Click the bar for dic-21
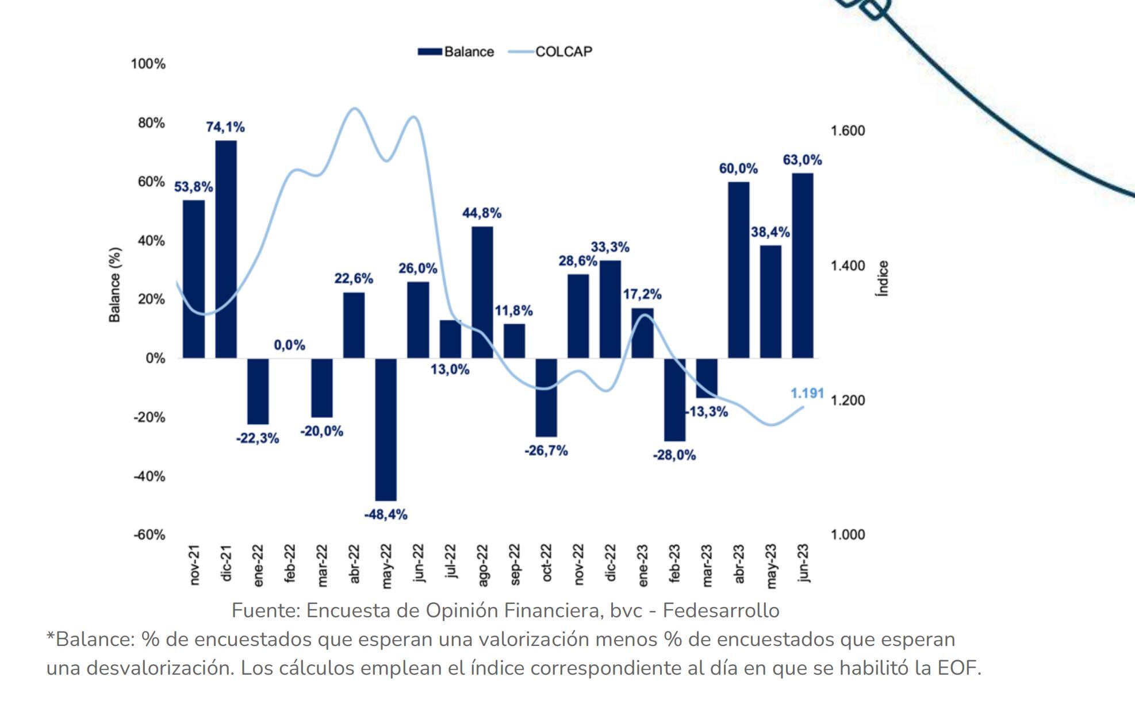[x=226, y=249]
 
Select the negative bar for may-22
[x=386, y=429]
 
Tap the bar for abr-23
[x=738, y=270]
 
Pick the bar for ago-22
[x=482, y=292]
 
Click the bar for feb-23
[x=674, y=399]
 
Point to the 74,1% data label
[x=225, y=127]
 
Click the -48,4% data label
[x=386, y=515]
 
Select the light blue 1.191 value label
[x=807, y=393]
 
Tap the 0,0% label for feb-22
[x=289, y=345]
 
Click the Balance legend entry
[x=456, y=52]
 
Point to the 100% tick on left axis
[x=148, y=64]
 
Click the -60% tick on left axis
[x=149, y=535]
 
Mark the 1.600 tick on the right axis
[x=848, y=131]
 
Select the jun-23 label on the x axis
[x=803, y=563]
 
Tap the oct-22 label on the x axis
[x=547, y=563]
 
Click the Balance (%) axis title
[x=115, y=285]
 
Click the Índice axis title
[x=883, y=279]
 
